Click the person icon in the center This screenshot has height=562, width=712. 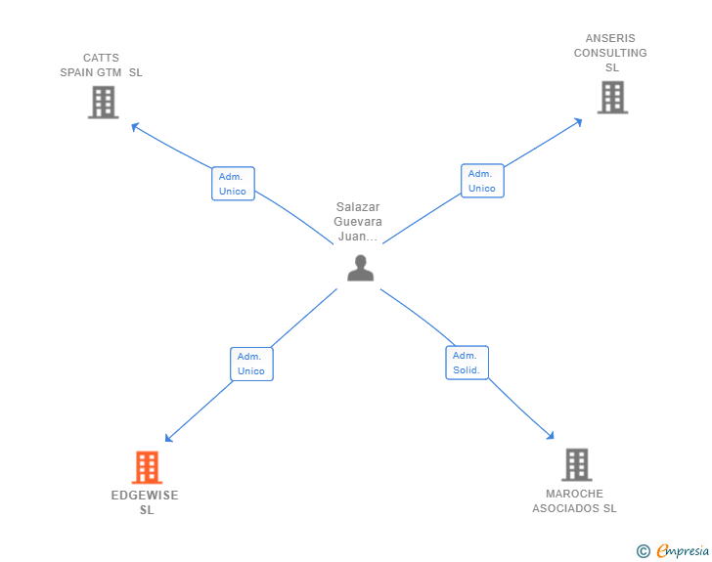360,268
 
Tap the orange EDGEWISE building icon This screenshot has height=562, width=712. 146,467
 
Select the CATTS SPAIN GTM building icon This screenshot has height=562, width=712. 103,102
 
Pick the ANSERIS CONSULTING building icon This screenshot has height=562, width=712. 612,97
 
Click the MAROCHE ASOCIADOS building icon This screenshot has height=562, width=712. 576,464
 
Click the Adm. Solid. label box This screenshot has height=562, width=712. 467,363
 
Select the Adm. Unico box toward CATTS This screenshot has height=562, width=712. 233,184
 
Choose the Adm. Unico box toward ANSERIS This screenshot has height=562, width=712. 482,181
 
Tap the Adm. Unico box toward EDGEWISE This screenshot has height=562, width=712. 251,364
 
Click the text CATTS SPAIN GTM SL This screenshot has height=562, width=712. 101,65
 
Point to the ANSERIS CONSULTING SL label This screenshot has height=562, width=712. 611,53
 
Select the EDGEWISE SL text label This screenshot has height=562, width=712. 145,502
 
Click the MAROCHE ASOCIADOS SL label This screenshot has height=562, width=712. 574,500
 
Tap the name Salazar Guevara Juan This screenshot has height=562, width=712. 358,222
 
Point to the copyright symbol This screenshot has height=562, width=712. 643,551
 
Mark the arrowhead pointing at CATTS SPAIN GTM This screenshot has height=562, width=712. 134,125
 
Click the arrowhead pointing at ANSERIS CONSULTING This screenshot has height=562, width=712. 579,121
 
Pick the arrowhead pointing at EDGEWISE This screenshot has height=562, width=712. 168,440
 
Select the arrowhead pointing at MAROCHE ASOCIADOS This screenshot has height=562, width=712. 551,437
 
